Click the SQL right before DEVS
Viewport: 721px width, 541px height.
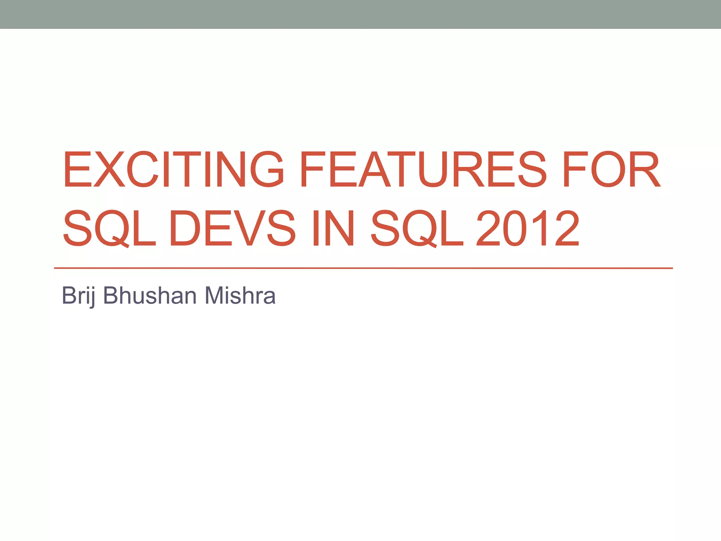[109, 228]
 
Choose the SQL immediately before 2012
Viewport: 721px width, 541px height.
[417, 228]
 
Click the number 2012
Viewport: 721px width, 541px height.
[527, 228]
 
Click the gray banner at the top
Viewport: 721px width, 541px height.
[360, 14]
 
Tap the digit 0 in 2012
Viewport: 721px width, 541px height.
[515, 228]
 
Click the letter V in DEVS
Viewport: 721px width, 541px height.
[249, 228]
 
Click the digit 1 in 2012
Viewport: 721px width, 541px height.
[539, 228]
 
